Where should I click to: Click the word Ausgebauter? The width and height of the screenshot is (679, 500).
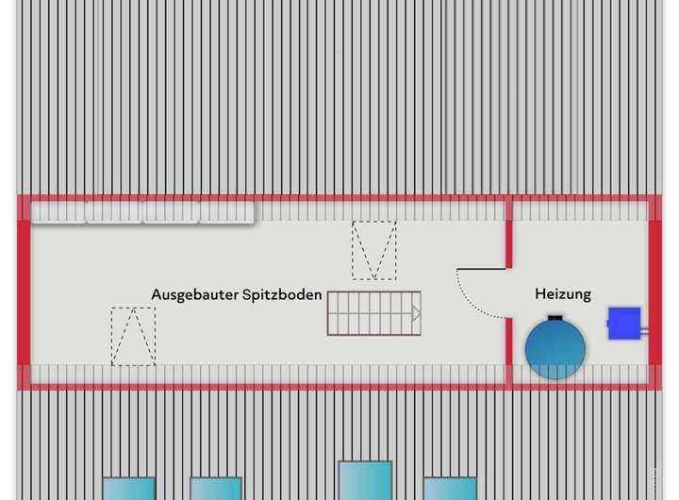193,294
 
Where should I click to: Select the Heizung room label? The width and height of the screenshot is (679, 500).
563,294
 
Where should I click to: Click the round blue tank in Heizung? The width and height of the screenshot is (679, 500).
555,349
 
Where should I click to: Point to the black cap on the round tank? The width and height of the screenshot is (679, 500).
555,318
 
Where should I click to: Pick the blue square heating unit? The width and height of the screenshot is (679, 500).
623,323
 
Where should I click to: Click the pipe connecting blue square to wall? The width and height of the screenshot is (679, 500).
645,331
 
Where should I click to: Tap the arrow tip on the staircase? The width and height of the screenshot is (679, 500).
417,313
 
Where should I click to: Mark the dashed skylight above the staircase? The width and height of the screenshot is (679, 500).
374,250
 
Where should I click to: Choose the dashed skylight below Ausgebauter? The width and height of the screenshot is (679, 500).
133,336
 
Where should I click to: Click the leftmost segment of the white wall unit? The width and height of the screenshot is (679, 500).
59,213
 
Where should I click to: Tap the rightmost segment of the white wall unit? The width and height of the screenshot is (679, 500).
227,213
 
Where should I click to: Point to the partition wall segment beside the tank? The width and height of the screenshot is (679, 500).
508,351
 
